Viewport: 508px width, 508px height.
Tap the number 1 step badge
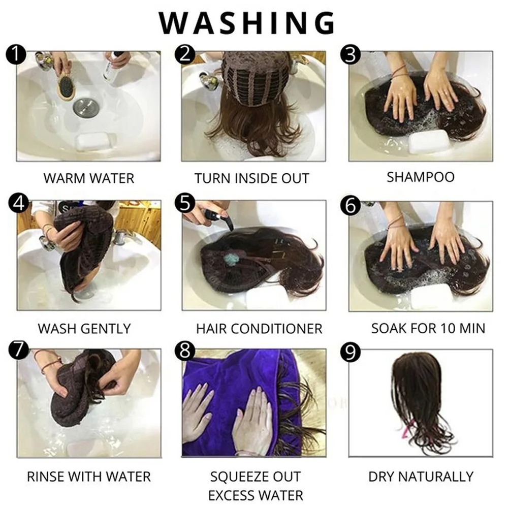(x=16, y=54)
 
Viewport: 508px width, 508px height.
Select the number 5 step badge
(x=185, y=204)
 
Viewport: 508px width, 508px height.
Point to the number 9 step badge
(x=351, y=352)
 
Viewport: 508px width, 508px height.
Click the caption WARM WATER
(x=89, y=178)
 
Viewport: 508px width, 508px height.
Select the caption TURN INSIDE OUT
(x=252, y=178)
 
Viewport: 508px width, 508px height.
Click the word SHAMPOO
(x=421, y=177)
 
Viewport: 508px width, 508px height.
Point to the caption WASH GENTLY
(x=84, y=329)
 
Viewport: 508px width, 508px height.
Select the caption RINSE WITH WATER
(x=89, y=477)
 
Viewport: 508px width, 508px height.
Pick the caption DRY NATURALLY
(x=421, y=477)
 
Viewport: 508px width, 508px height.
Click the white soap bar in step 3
(x=428, y=141)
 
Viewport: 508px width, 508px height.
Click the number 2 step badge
(x=185, y=54)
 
